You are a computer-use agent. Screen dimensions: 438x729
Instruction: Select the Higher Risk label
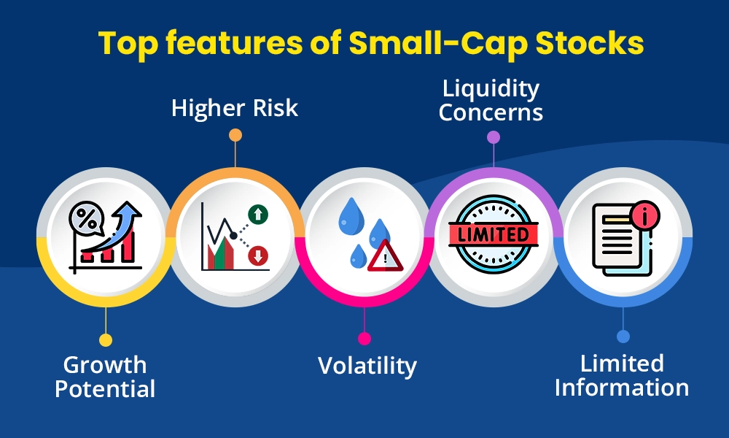click(235, 108)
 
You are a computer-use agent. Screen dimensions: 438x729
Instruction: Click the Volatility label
click(367, 366)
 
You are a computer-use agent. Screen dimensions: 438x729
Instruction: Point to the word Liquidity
click(491, 89)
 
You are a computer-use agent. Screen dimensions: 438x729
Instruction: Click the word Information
click(622, 387)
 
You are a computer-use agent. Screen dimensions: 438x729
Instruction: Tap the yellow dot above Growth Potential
click(106, 339)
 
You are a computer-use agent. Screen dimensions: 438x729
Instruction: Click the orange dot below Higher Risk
click(235, 135)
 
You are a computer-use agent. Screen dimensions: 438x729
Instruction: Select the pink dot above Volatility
click(364, 339)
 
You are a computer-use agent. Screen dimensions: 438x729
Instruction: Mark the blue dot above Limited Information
click(623, 337)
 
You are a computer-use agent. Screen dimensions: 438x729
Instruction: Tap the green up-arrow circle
click(258, 214)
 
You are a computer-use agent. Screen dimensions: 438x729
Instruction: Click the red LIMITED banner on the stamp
click(493, 234)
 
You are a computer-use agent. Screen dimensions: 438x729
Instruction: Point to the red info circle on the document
click(644, 215)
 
